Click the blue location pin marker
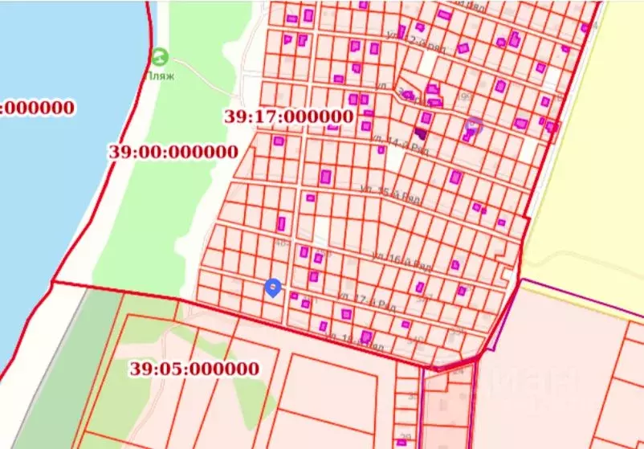tap(273, 288)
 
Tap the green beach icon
tap(161, 57)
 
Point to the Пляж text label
tap(161, 76)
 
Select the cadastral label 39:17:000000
tap(289, 116)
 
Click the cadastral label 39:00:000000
tap(173, 152)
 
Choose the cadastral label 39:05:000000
tap(194, 369)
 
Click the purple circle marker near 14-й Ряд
tap(474, 124)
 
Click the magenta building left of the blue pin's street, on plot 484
tap(282, 223)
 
